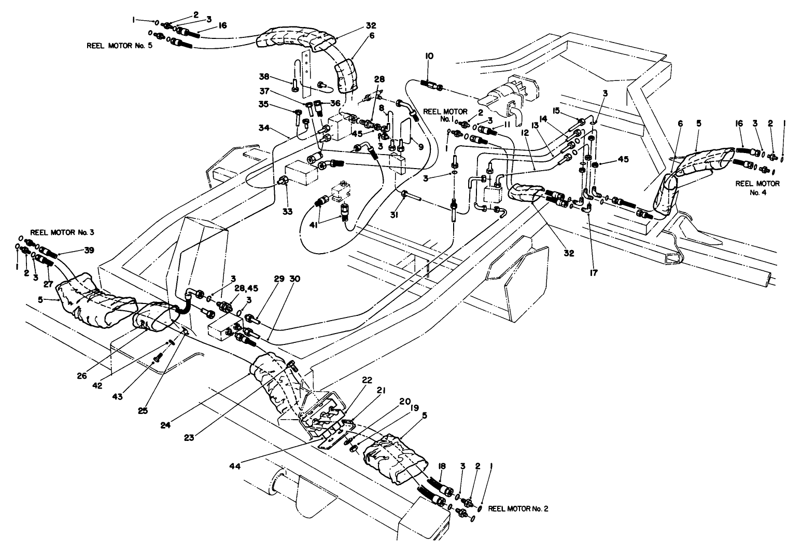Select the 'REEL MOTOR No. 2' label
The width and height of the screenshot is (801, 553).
click(518, 509)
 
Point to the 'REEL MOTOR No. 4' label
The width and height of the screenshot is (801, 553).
click(757, 188)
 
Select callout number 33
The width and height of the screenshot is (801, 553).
click(287, 212)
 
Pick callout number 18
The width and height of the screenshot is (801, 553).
click(442, 466)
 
